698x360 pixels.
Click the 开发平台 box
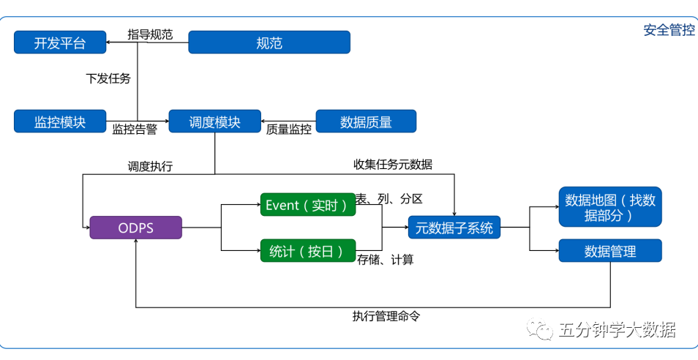pyautogui.click(x=60, y=42)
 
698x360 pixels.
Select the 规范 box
pyautogui.click(x=269, y=42)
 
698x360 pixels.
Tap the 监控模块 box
pyautogui.click(x=60, y=121)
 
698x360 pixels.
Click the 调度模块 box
pyautogui.click(x=214, y=121)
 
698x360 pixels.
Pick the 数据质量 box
pyautogui.click(x=366, y=121)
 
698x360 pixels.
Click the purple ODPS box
pyautogui.click(x=135, y=228)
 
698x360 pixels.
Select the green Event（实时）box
pyautogui.click(x=307, y=206)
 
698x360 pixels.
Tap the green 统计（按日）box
pyautogui.click(x=307, y=251)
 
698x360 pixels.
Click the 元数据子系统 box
pyautogui.click(x=454, y=228)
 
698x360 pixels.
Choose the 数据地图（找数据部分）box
pyautogui.click(x=610, y=207)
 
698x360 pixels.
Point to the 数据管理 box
pyautogui.click(x=610, y=251)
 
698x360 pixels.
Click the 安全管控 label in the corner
pyautogui.click(x=669, y=31)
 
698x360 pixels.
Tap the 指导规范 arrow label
pyautogui.click(x=150, y=34)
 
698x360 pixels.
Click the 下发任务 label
pyautogui.click(x=108, y=78)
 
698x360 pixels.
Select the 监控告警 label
pyautogui.click(x=135, y=130)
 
